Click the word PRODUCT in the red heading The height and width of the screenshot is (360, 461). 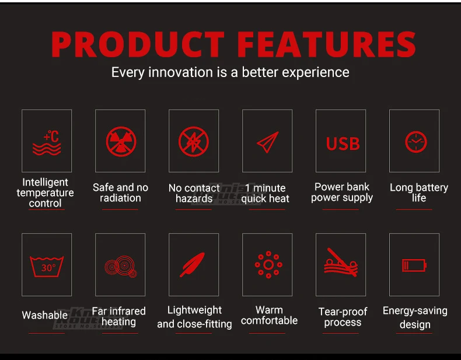click(x=138, y=44)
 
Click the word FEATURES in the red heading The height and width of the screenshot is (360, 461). click(x=326, y=44)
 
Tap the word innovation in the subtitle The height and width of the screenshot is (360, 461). click(x=180, y=72)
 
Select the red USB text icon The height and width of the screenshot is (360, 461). click(x=343, y=144)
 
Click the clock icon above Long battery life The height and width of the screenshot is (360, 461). click(x=415, y=142)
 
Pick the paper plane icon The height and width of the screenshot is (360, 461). click(x=267, y=142)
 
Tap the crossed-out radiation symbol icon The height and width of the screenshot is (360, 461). click(x=121, y=142)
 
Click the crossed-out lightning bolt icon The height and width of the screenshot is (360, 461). click(x=194, y=142)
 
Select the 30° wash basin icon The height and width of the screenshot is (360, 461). click(x=47, y=267)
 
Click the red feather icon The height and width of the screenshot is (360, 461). click(x=193, y=264)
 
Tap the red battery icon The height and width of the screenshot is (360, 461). click(x=414, y=265)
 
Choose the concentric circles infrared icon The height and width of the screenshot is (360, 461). click(x=121, y=267)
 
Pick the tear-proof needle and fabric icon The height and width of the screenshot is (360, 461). click(x=341, y=263)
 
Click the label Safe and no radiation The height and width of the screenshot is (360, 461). click(x=120, y=193)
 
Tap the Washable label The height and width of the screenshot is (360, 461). click(x=45, y=315)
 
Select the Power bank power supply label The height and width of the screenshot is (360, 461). click(x=342, y=193)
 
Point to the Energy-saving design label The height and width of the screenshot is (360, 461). click(x=415, y=317)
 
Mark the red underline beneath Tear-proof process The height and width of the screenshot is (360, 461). click(x=340, y=333)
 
